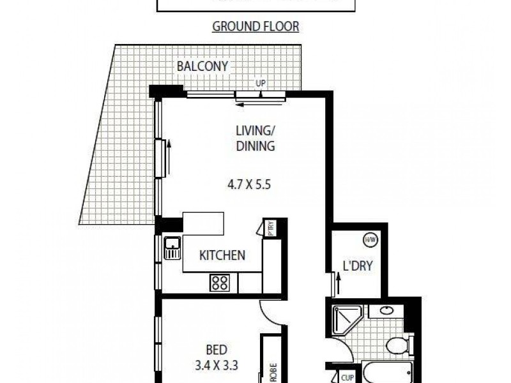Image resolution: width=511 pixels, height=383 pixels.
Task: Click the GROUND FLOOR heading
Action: pyautogui.click(x=256, y=27)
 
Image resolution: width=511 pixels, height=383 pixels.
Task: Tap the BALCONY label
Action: pyautogui.click(x=202, y=66)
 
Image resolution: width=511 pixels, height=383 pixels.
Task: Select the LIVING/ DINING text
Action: pyautogui.click(x=255, y=139)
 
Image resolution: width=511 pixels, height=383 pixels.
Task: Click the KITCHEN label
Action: pyautogui.click(x=222, y=255)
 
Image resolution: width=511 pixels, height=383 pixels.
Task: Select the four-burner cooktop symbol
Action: pyautogui.click(x=220, y=282)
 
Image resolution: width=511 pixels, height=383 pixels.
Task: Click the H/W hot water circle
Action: pyautogui.click(x=369, y=240)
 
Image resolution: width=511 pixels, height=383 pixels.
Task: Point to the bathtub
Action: pyautogui.click(x=383, y=374)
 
